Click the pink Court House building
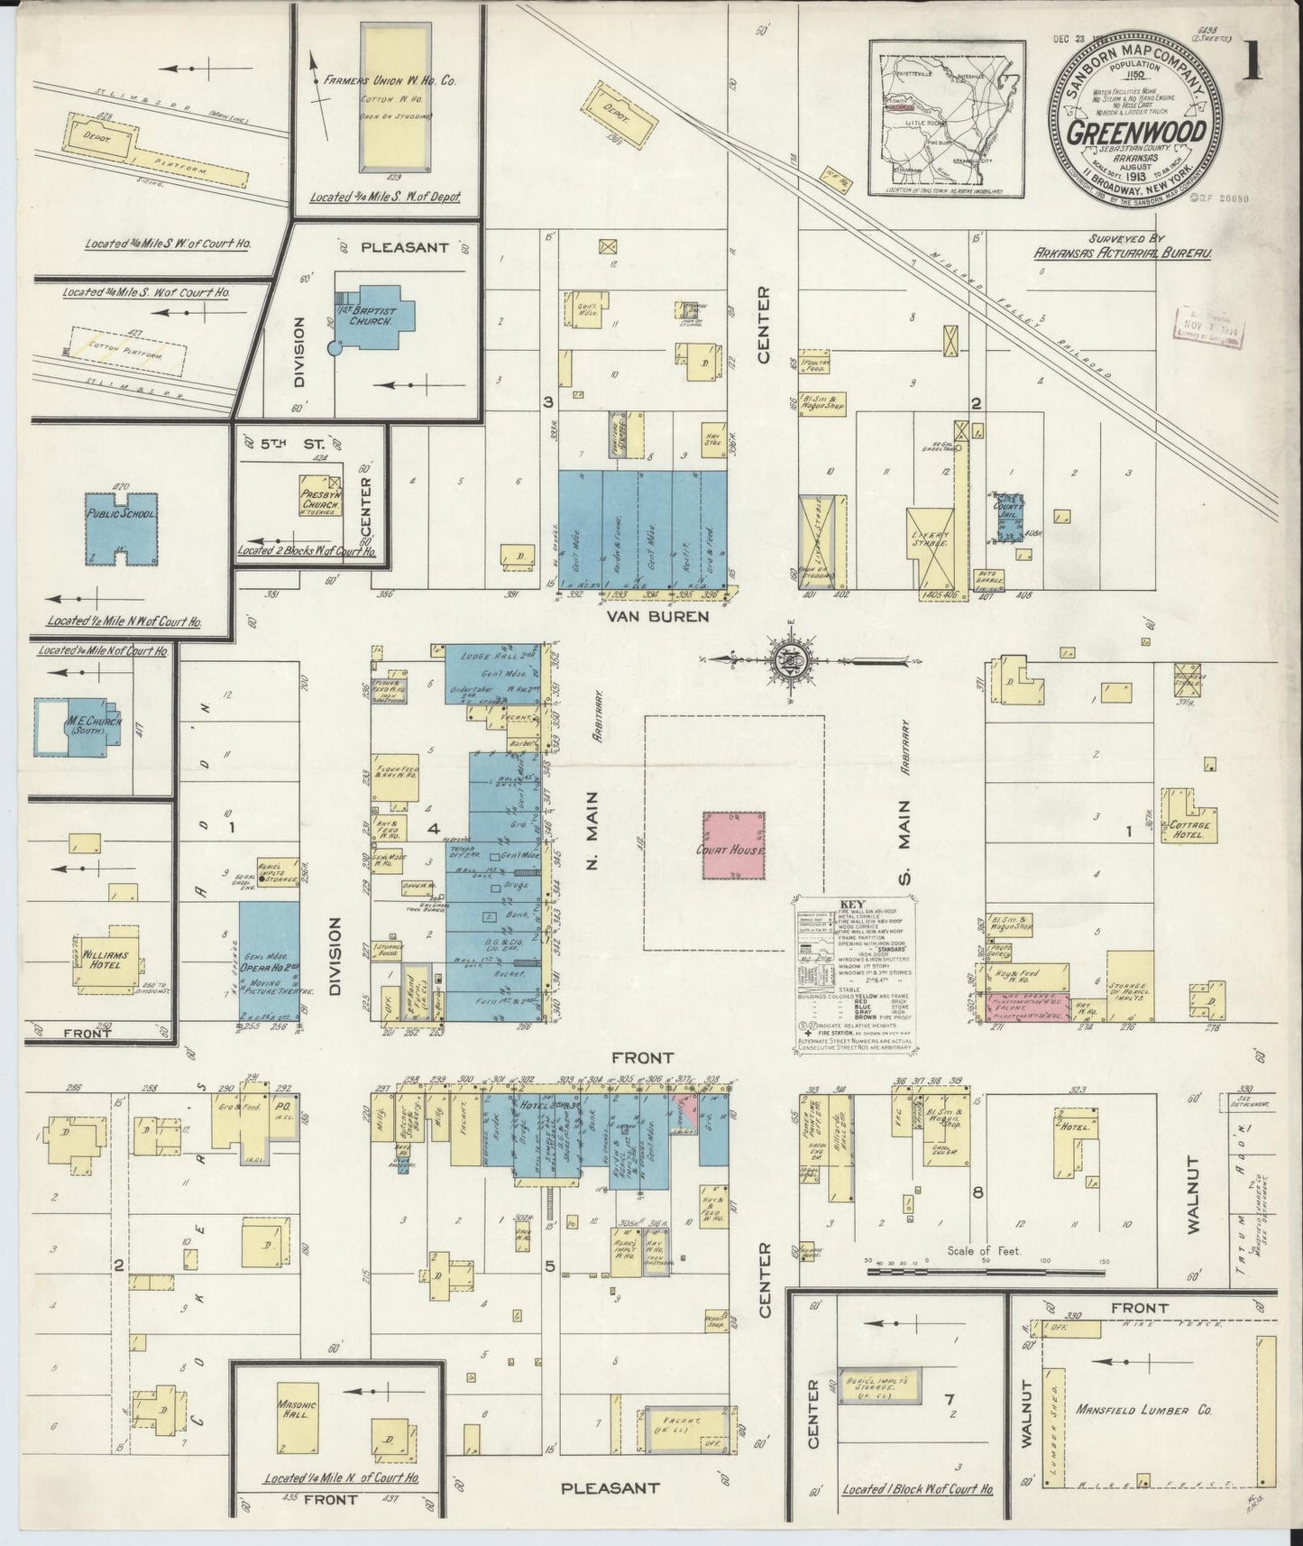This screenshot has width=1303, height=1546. click(x=734, y=845)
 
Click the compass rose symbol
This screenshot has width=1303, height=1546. click(x=779, y=659)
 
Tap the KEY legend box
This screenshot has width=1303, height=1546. click(x=856, y=973)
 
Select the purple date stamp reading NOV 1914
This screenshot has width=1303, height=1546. click(x=1208, y=325)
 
